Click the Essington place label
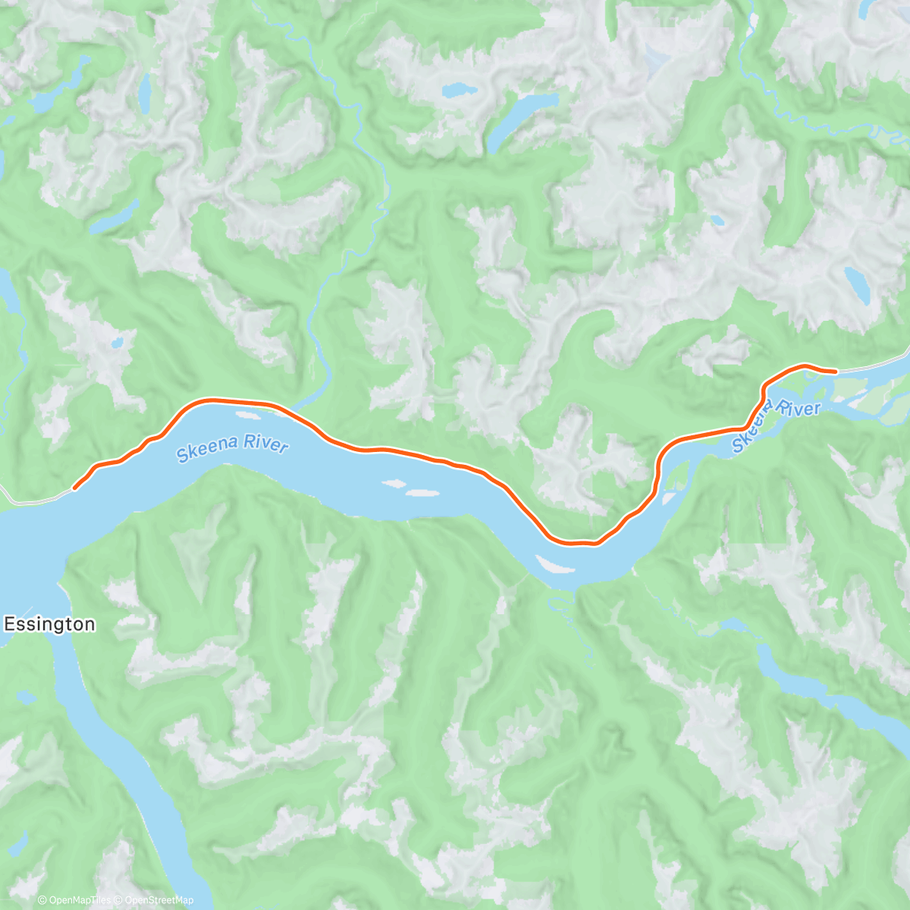tap(50, 624)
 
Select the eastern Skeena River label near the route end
tap(776, 422)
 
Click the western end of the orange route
tap(74, 489)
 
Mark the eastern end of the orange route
tap(835, 371)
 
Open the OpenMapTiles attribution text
tap(74, 900)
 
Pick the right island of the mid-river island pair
tap(422, 493)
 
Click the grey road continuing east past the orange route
tap(872, 366)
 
